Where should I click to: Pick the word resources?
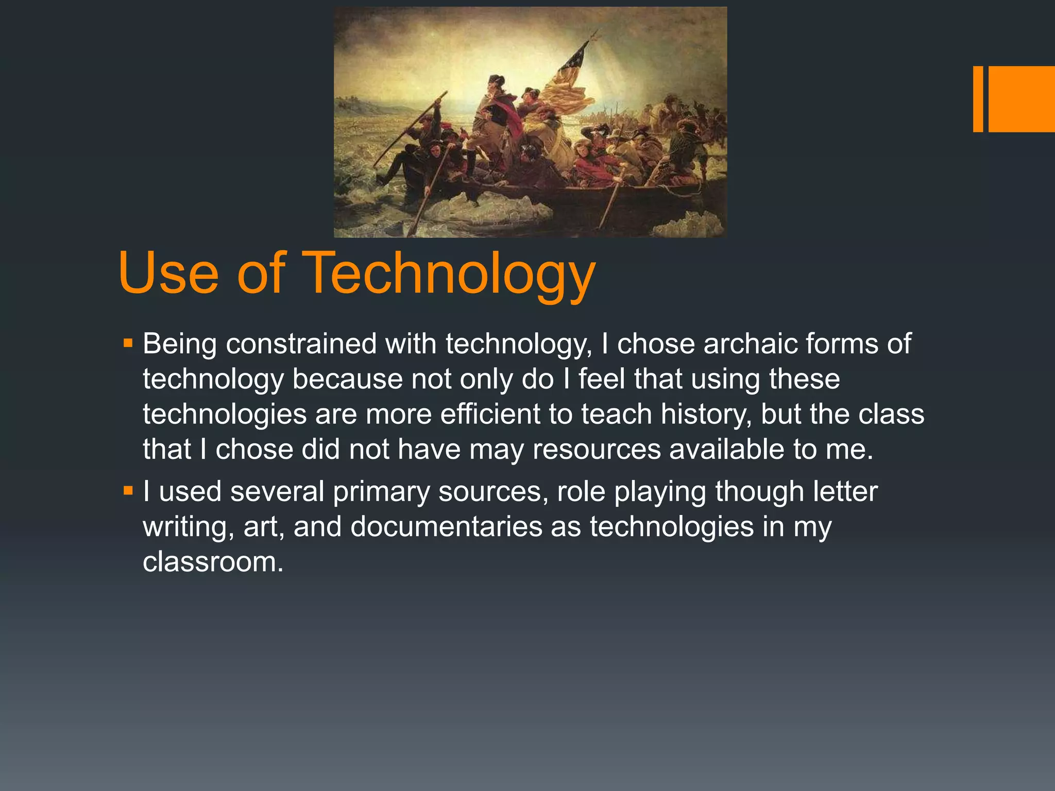pos(597,449)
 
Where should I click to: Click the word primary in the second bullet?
pos(381,492)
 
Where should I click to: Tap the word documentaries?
pos(446,527)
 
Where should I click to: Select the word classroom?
pos(213,562)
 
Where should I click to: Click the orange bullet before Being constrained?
pos(128,342)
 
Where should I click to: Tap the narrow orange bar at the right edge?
pos(978,99)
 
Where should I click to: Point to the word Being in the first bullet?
pos(180,343)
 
